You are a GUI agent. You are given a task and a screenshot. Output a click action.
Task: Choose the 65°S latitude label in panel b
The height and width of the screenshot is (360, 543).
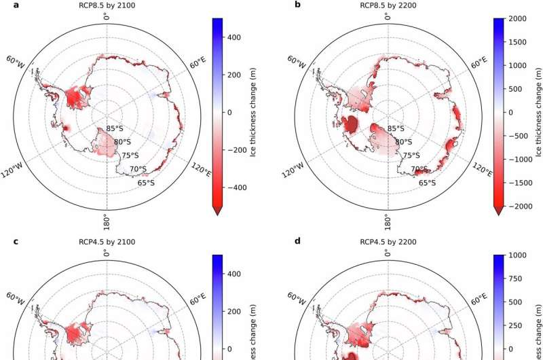click(x=428, y=183)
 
